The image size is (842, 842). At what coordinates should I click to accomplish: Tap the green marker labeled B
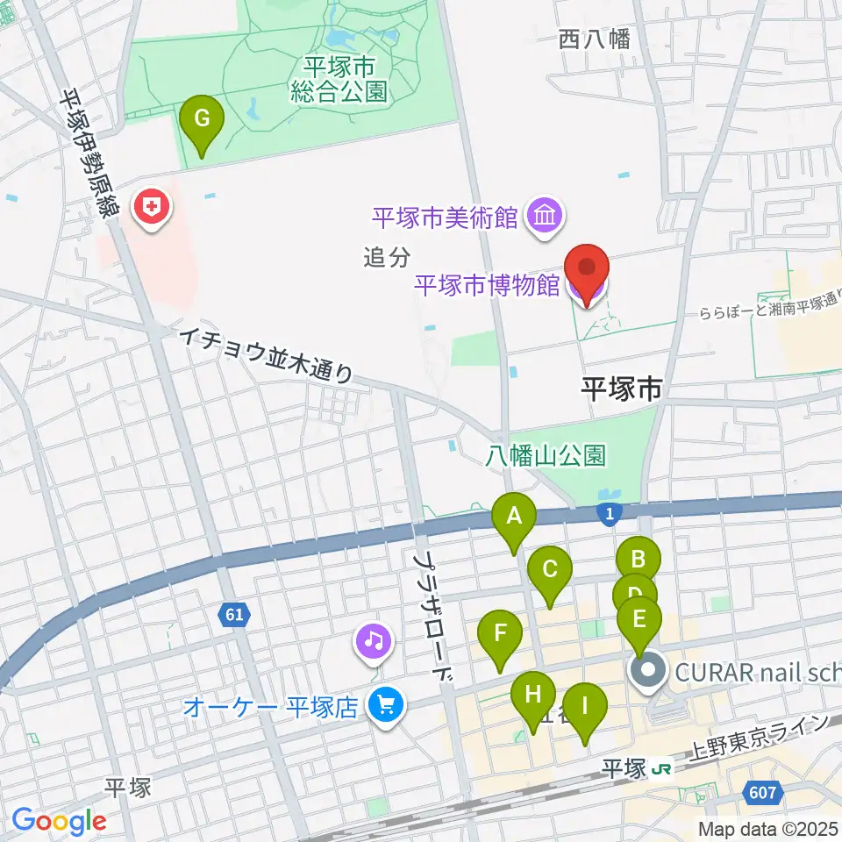click(x=638, y=558)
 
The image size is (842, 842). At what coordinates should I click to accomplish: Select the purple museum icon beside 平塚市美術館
click(x=545, y=215)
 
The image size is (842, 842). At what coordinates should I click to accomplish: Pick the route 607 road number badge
click(x=762, y=793)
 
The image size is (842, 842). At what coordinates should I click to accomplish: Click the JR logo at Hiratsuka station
click(x=663, y=768)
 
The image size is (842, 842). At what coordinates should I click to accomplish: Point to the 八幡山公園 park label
click(x=546, y=455)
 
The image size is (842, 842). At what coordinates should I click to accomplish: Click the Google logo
click(x=60, y=820)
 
